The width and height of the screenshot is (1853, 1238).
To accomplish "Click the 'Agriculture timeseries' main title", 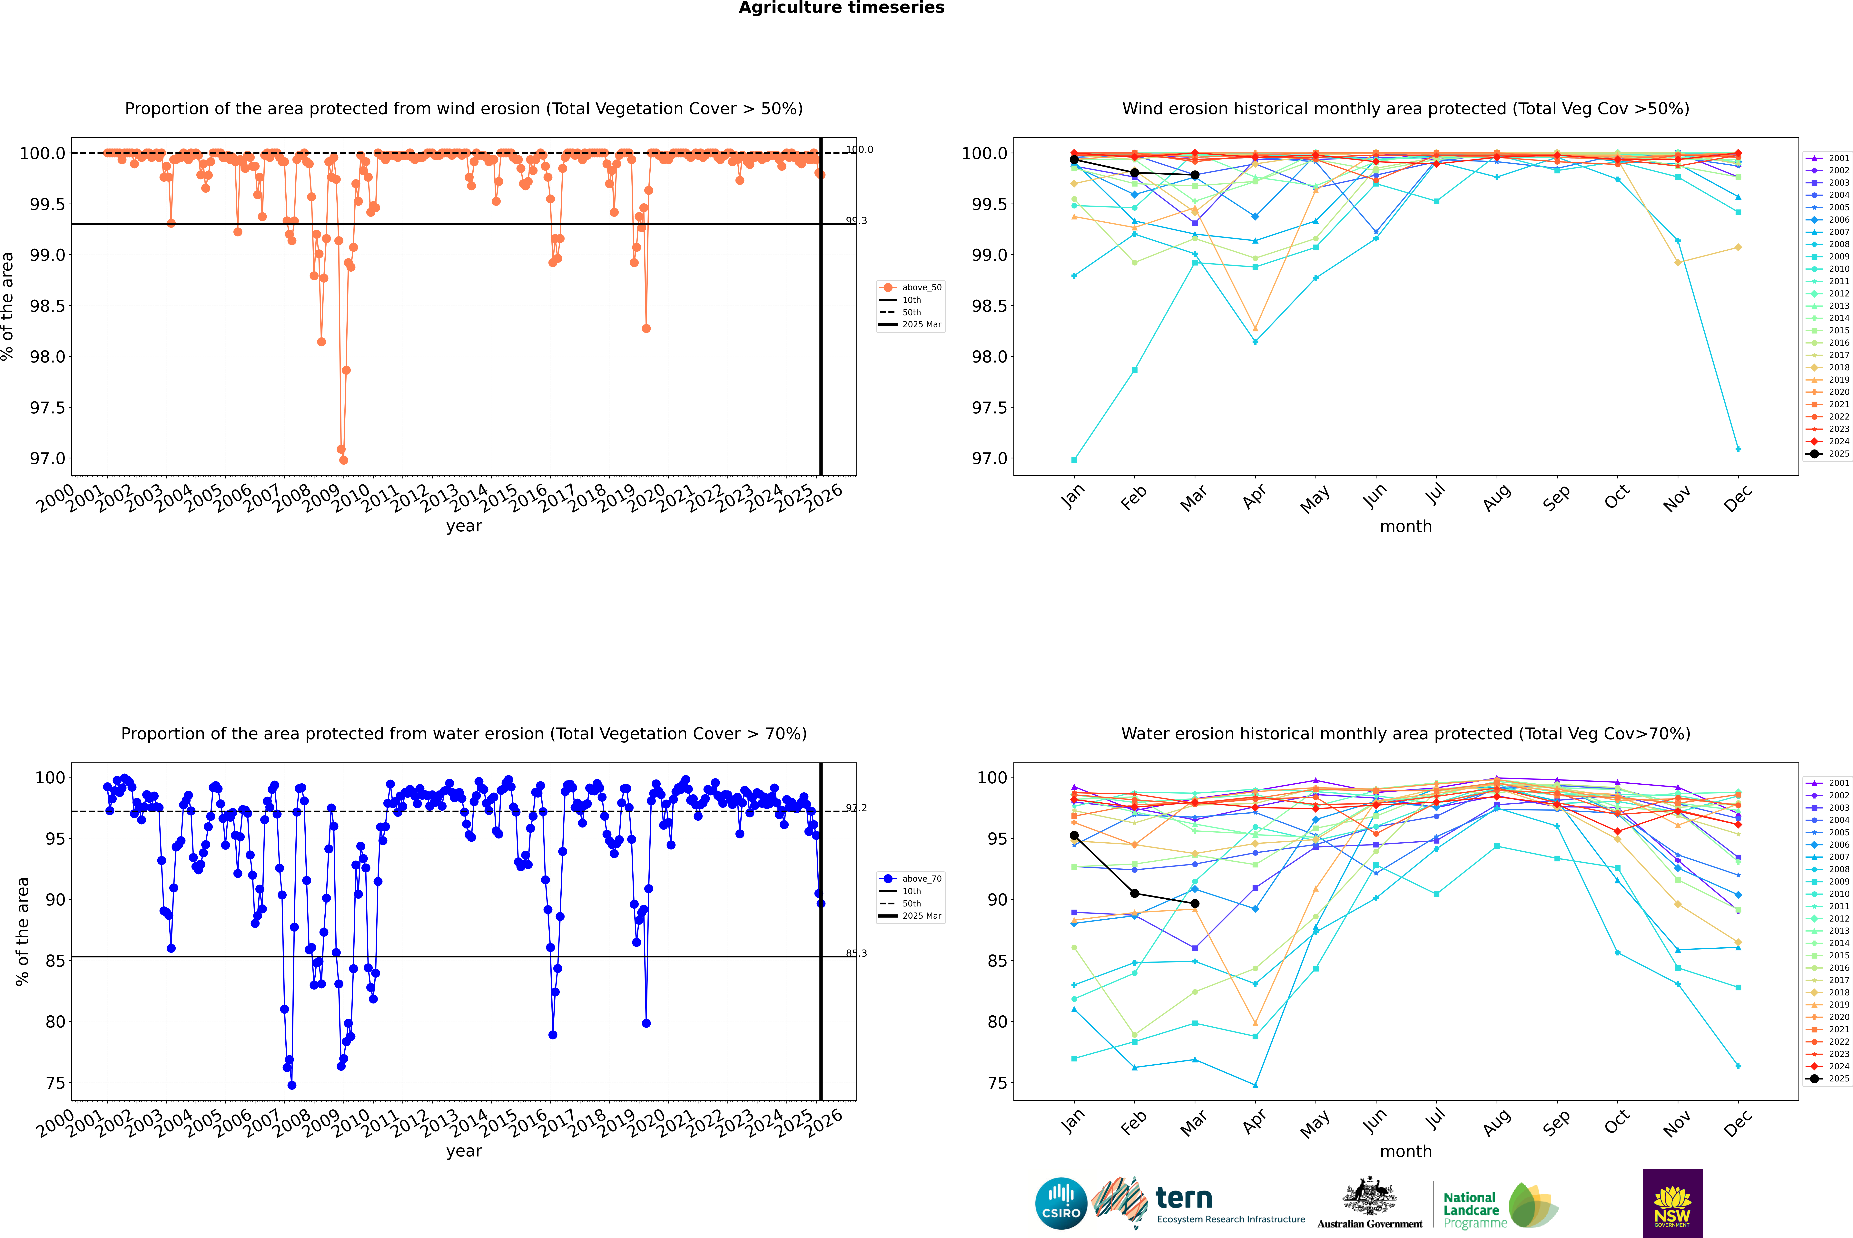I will (841, 8).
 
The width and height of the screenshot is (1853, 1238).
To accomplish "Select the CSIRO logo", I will (1061, 1203).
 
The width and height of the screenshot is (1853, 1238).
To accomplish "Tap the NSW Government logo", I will (1672, 1203).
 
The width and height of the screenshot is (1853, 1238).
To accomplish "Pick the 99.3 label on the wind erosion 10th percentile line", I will (856, 221).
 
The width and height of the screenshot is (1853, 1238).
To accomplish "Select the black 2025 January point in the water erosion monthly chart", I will (1074, 835).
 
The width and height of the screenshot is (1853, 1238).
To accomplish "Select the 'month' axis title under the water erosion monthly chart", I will (1406, 1151).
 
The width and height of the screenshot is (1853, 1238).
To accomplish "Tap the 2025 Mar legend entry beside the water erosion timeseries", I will (921, 916).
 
